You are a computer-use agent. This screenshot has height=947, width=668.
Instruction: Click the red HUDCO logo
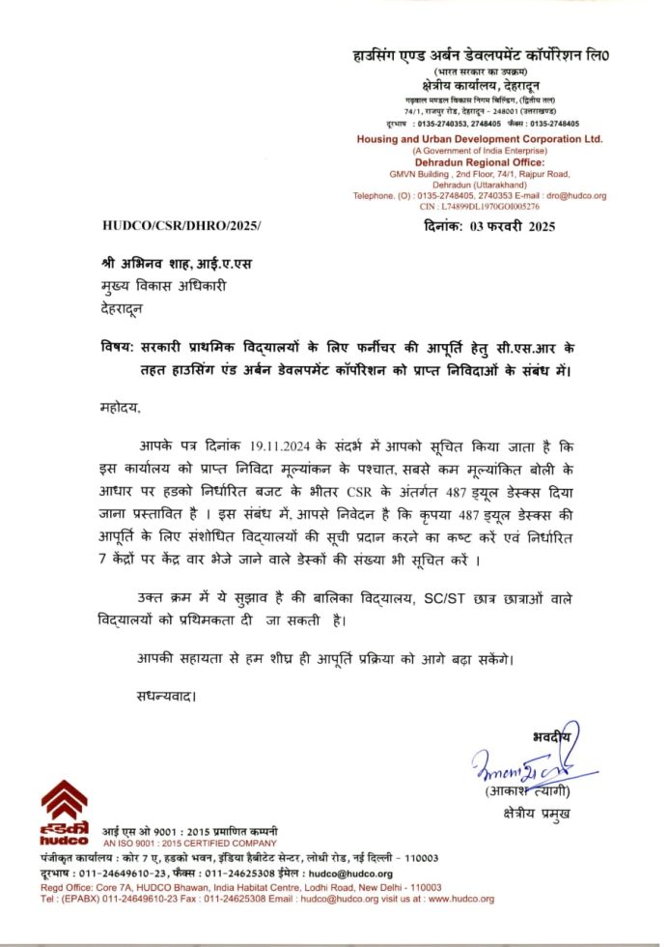pyautogui.click(x=64, y=811)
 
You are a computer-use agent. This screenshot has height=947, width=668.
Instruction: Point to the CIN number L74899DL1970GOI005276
pyautogui.click(x=494, y=207)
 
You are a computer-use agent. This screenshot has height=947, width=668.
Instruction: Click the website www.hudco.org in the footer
pyautogui.click(x=461, y=899)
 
